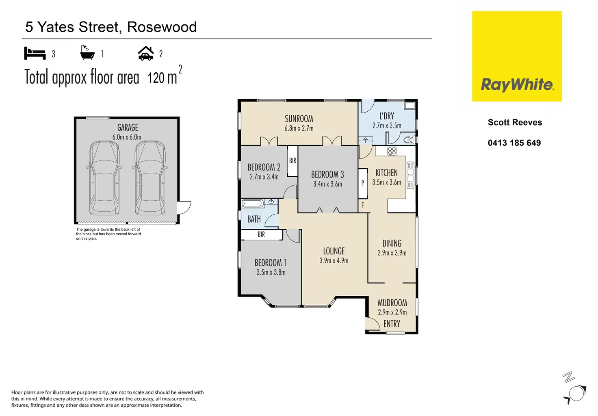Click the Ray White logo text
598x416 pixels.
point(517,84)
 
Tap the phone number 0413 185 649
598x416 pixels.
point(514,143)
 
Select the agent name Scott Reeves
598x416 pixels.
point(515,122)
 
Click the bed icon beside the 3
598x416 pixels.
point(35,53)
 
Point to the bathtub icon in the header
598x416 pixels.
point(87,53)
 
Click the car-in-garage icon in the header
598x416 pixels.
point(146,53)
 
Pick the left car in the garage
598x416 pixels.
point(104,177)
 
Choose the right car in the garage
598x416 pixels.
point(150,177)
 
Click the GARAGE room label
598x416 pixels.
point(128,128)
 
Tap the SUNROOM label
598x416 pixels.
point(299,119)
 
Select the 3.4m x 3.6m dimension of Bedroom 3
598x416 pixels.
point(327,184)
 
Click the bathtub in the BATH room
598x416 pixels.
point(252,204)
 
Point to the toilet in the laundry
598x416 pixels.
point(409,140)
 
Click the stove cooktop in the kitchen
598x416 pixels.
point(392,151)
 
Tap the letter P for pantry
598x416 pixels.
point(363,183)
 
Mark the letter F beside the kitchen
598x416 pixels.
point(363,206)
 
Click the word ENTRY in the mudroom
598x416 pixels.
point(392,324)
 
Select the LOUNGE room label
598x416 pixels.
point(334,251)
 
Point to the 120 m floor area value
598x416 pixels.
point(162,77)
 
